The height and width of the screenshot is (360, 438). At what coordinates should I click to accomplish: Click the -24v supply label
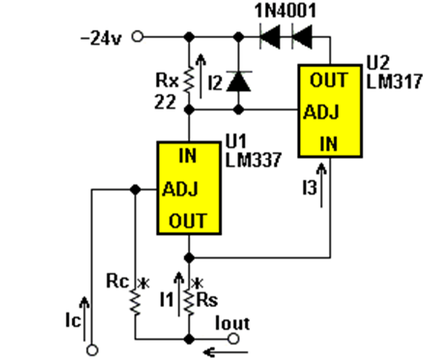tap(101, 38)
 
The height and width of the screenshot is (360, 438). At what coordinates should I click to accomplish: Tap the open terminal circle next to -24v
tap(138, 37)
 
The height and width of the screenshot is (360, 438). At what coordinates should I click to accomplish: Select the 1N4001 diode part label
tap(285, 10)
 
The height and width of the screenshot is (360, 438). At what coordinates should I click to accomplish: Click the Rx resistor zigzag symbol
tap(190, 80)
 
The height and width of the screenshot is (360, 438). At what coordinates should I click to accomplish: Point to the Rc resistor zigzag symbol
tap(136, 303)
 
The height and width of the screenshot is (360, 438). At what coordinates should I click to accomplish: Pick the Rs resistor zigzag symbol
tap(190, 303)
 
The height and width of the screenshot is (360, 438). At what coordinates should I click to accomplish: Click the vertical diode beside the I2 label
tap(239, 81)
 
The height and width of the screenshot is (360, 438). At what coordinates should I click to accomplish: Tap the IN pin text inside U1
tap(188, 156)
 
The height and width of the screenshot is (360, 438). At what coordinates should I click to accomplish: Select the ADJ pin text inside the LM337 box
tap(180, 189)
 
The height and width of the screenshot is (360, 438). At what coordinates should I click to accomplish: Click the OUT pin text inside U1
tap(188, 221)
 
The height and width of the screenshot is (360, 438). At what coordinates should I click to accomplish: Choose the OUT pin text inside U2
tap(329, 80)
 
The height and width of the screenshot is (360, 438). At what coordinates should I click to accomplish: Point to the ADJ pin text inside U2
tap(322, 113)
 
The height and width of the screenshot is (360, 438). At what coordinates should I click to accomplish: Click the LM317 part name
tap(394, 81)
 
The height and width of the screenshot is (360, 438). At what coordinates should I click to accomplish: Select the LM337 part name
tap(253, 160)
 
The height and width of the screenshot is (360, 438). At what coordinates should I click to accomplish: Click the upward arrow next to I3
tap(322, 185)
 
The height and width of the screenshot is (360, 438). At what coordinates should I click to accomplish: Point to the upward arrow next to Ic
tap(84, 319)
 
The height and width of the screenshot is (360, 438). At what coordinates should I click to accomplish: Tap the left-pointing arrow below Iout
tap(225, 353)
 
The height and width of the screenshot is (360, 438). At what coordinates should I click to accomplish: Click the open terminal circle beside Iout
tap(234, 339)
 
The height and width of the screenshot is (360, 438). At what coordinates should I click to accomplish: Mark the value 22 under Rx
tap(165, 101)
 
